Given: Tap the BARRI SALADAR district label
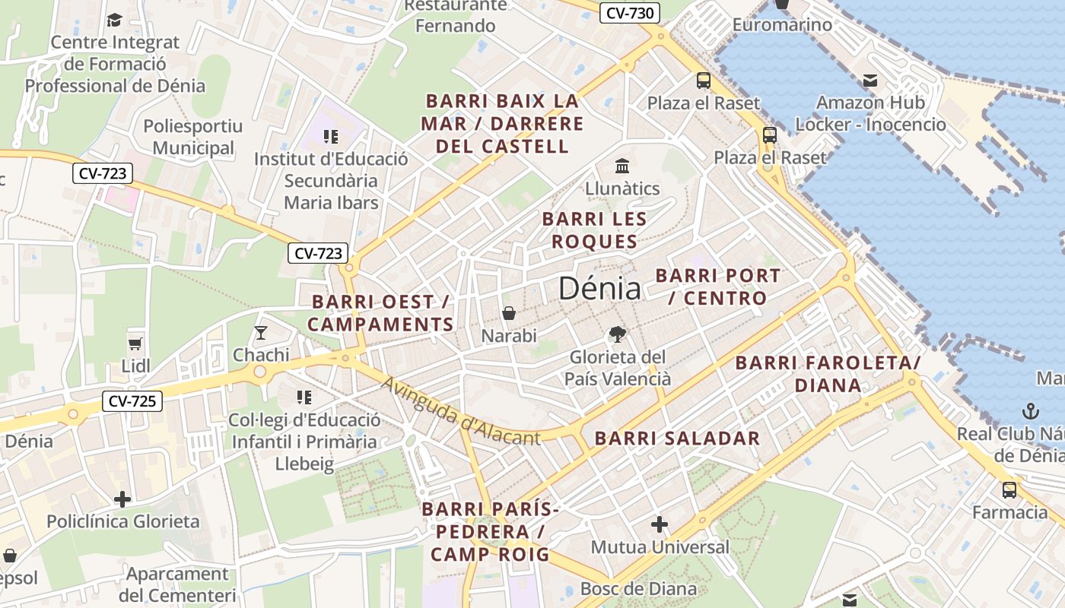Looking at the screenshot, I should click(x=677, y=439).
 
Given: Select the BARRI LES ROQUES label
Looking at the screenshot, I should click(x=594, y=230).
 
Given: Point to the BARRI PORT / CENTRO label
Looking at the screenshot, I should click(x=718, y=287).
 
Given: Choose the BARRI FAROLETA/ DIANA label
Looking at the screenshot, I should click(x=828, y=374).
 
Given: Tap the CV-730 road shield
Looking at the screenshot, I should click(x=629, y=13).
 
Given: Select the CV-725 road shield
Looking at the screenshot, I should click(x=132, y=401).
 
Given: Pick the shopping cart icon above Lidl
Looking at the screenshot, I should click(x=135, y=344).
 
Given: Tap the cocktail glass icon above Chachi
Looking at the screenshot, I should click(x=261, y=332).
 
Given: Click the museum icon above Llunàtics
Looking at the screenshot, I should click(x=622, y=166).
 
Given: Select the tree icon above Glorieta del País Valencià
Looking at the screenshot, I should click(x=618, y=334).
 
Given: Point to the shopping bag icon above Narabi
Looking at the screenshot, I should click(x=509, y=313).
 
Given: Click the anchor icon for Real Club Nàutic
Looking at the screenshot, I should click(x=1030, y=412).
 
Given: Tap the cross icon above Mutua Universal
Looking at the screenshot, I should click(x=660, y=524).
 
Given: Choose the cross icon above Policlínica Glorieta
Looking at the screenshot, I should click(x=122, y=499).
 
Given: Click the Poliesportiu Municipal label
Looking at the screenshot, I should click(x=193, y=138).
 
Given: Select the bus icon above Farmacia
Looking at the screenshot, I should click(x=1009, y=490).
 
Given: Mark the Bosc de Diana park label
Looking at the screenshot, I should click(x=638, y=589).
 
